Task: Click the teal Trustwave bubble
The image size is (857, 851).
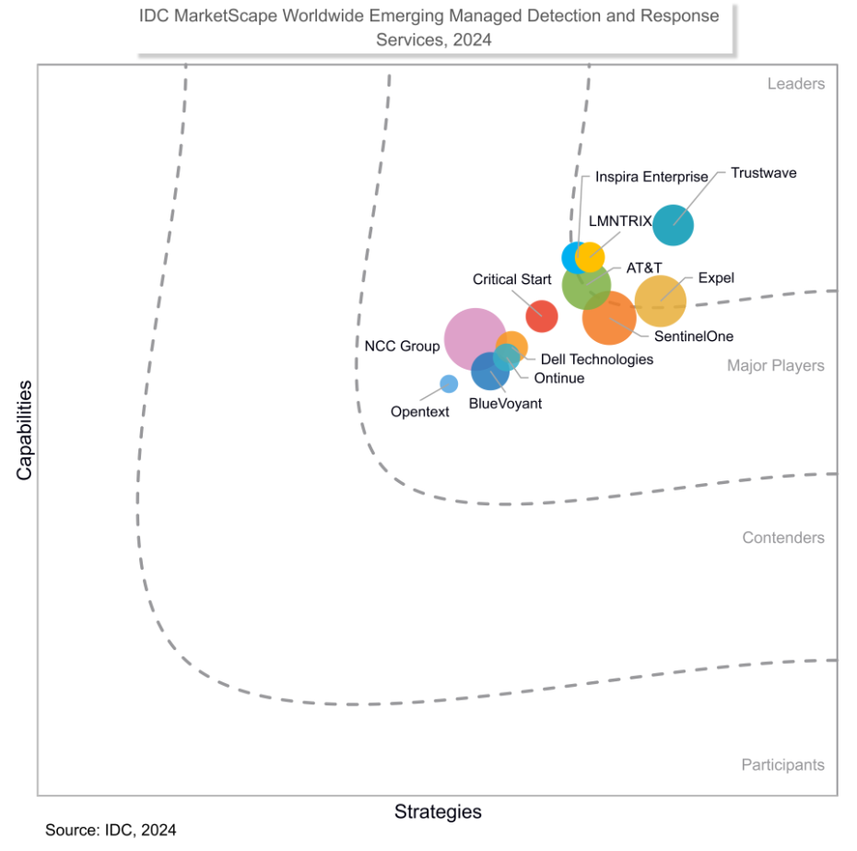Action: point(673,224)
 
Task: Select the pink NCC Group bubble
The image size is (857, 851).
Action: point(473,337)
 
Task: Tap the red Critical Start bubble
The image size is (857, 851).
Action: point(541,316)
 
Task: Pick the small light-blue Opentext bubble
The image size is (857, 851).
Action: point(449,384)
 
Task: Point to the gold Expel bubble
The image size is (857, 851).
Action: point(661,301)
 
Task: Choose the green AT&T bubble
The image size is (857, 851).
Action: point(585,286)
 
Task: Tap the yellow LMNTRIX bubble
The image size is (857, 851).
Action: point(590,255)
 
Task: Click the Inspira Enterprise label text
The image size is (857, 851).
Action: point(652,176)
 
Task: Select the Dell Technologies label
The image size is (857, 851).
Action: point(596,359)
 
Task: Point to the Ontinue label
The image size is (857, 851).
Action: point(559,377)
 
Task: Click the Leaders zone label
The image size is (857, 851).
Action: point(795,84)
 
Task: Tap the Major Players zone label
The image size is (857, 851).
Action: point(775,365)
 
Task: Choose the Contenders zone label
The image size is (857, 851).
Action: point(783,538)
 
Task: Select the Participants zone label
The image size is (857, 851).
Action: point(782,764)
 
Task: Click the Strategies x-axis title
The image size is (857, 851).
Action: point(438,811)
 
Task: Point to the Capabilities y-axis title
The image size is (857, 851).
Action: point(24,430)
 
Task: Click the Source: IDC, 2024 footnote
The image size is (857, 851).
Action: point(111,830)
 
